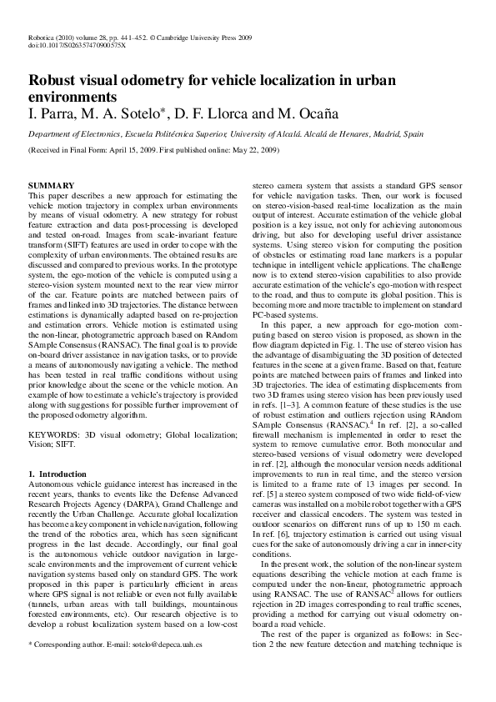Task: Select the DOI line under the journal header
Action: coord(77,47)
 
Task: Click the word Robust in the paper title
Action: coord(54,82)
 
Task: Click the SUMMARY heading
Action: coord(52,184)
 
